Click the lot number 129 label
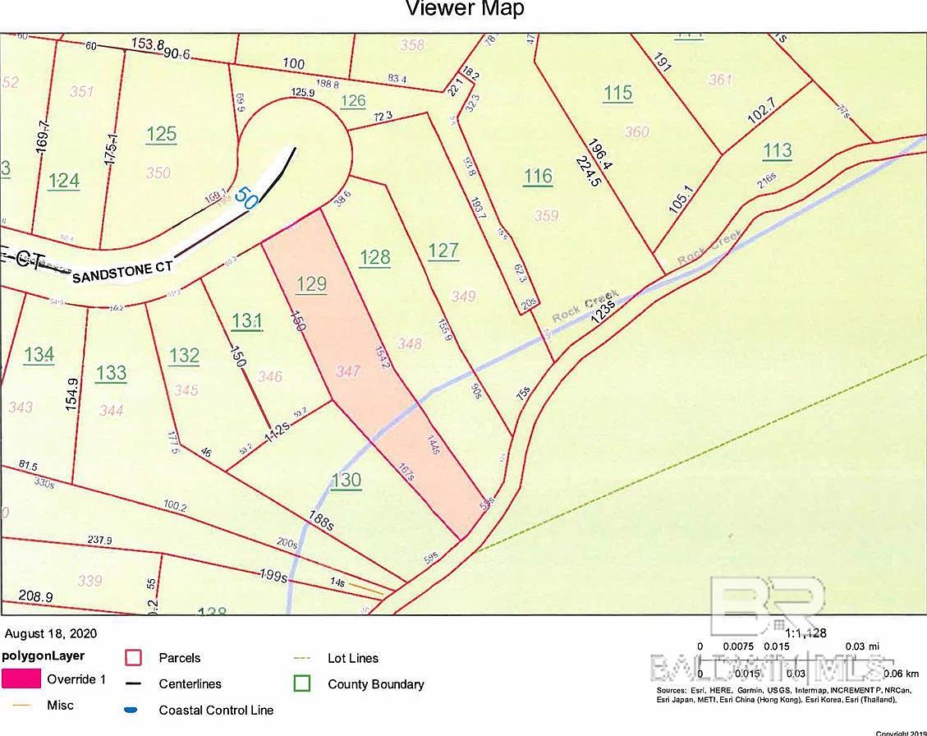click(x=311, y=283)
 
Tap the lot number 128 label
click(x=374, y=257)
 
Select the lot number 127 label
click(x=443, y=251)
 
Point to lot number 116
click(x=538, y=176)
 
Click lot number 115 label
click(x=617, y=92)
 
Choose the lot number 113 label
click(x=777, y=149)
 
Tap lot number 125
click(x=161, y=133)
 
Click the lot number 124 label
click(x=63, y=180)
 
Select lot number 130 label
click(x=346, y=480)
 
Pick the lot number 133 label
click(x=111, y=373)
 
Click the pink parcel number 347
click(x=348, y=372)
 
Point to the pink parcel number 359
click(x=546, y=215)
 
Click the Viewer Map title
click(x=465, y=9)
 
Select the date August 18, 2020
click(x=51, y=633)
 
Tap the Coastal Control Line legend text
click(x=216, y=710)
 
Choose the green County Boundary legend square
click(x=303, y=683)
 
